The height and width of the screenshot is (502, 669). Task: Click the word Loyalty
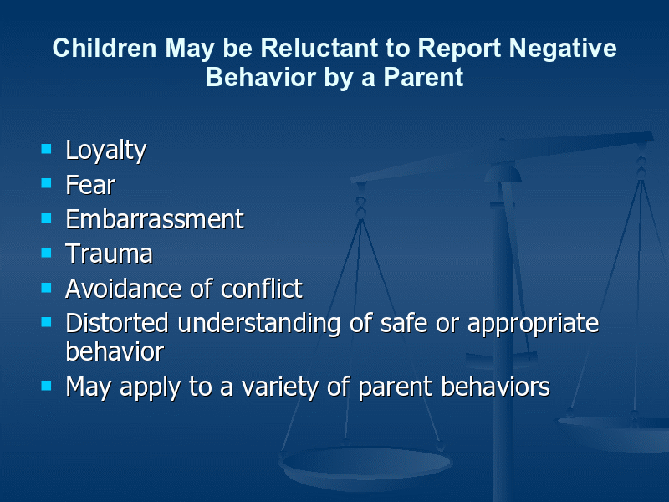point(106,151)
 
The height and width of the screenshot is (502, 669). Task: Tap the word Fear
point(90,185)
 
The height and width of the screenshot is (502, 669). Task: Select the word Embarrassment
point(155,219)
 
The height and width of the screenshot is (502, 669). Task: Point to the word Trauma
point(109,254)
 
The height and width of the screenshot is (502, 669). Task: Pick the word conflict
point(262,288)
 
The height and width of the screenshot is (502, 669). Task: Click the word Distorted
point(117,323)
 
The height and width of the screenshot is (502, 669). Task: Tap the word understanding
point(259,324)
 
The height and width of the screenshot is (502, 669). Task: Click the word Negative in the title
point(563,49)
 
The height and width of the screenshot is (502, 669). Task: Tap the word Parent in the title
point(423,77)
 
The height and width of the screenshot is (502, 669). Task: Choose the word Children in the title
point(105,48)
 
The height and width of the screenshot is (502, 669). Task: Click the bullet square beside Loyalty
point(46,149)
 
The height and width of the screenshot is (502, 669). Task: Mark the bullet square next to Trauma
point(46,253)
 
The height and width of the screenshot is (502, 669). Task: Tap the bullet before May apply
point(46,386)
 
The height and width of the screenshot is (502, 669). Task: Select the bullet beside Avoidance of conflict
point(46,287)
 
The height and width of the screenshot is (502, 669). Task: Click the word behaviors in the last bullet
point(495,387)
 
